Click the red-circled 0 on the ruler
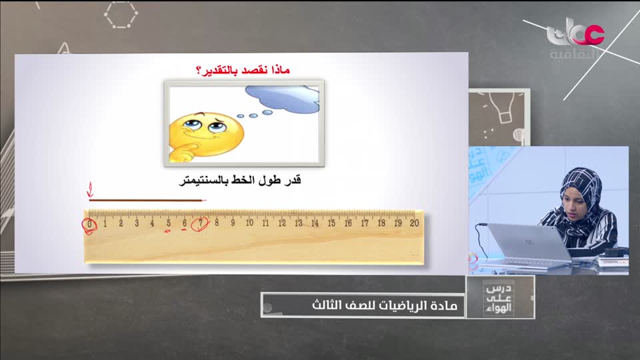point(89,224)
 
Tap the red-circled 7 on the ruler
point(200,223)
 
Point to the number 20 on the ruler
point(414,223)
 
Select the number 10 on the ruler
point(249,223)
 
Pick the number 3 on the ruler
point(136,223)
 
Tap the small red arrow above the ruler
point(90,192)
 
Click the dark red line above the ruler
point(147,199)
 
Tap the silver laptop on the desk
point(527,243)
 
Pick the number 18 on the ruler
point(381,223)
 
